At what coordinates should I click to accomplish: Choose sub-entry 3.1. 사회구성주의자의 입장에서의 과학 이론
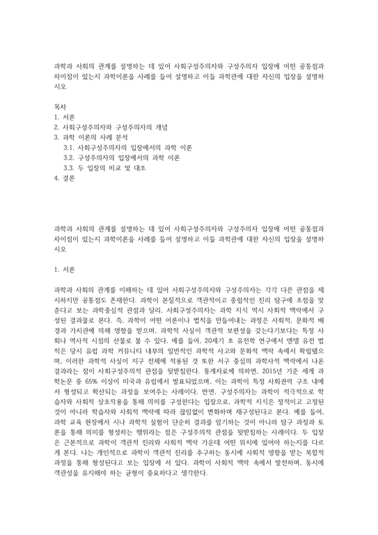pos(127,148)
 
